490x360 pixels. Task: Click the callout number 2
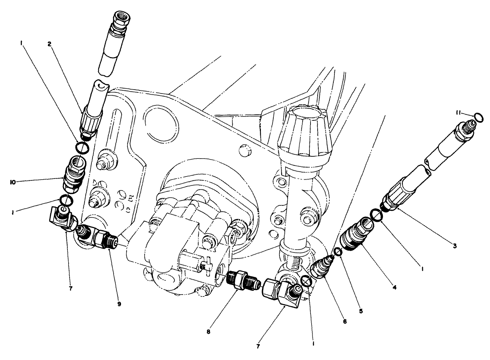pos(50,44)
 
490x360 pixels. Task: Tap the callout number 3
pos(454,245)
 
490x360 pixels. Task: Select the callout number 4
pos(394,286)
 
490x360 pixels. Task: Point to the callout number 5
pos(361,311)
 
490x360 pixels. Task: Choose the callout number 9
pos(119,304)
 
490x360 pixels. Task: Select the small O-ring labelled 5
pos(338,252)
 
